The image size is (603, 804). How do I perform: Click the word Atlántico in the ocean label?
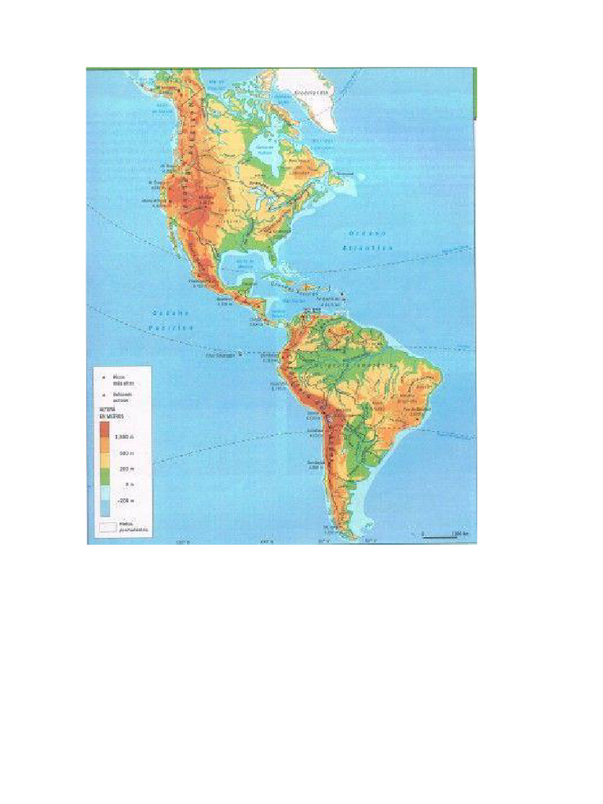point(367,247)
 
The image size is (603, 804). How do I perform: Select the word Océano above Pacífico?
point(166,312)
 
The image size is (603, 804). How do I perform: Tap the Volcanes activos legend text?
point(124,397)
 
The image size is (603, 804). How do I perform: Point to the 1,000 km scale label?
point(459,533)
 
